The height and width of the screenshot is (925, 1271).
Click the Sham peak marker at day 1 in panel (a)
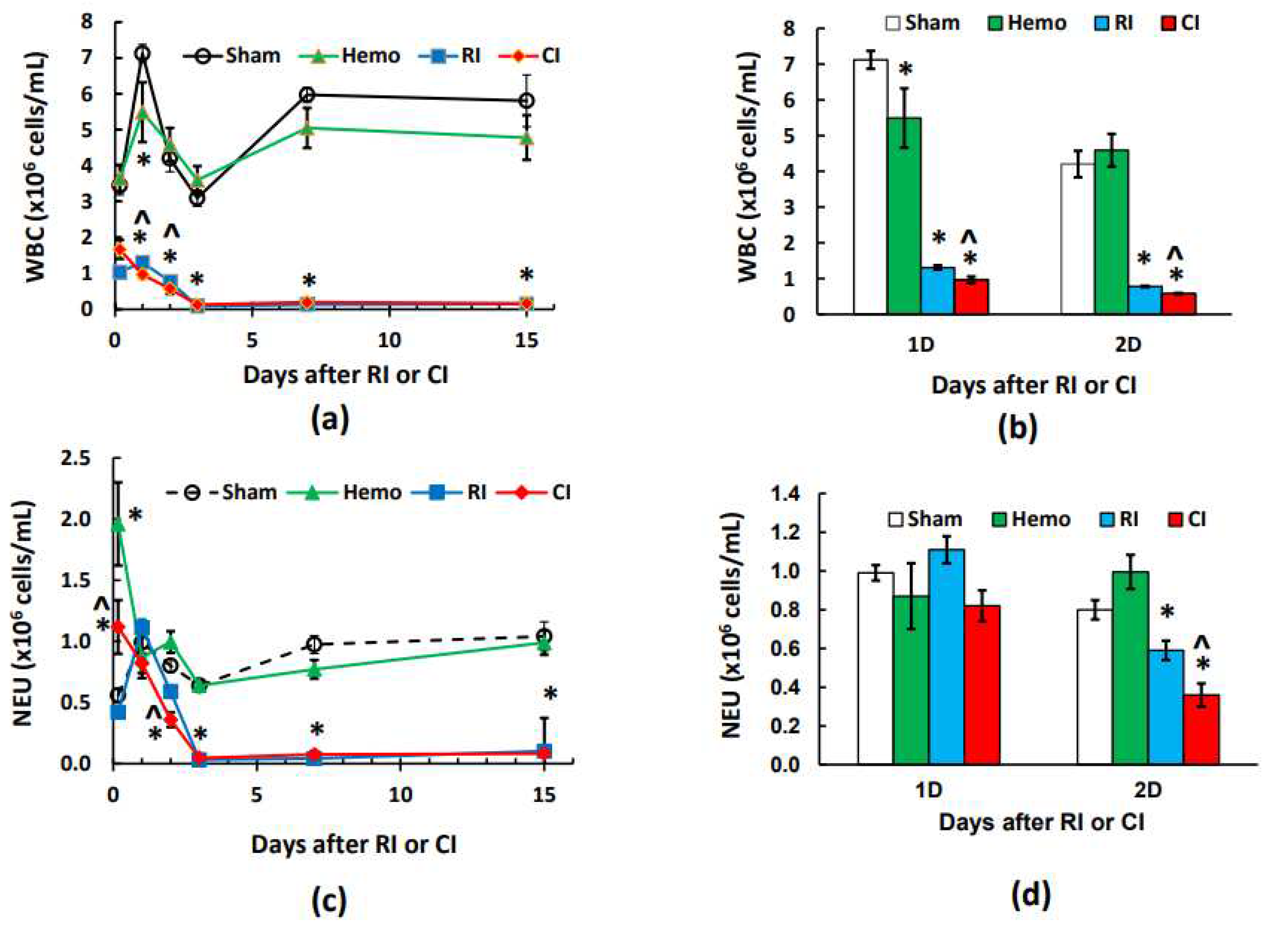click(x=142, y=53)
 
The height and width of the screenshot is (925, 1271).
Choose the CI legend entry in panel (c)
click(x=544, y=492)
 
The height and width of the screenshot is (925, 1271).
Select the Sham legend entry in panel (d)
click(x=925, y=519)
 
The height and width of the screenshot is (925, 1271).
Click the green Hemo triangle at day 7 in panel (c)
click(x=315, y=669)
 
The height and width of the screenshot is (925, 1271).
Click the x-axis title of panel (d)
click(x=1041, y=822)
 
